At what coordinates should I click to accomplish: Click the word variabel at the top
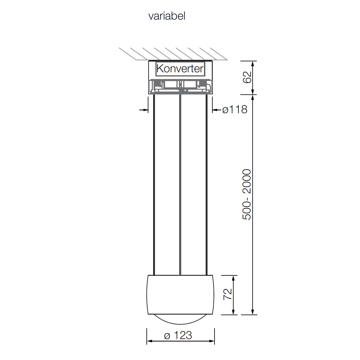tap(167, 16)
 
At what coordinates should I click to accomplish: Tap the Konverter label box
tap(180, 69)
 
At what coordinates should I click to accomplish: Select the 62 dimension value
tap(247, 77)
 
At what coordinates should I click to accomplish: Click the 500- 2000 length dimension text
tap(247, 194)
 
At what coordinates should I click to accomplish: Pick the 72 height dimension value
tap(228, 294)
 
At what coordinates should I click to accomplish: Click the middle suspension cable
tap(180, 185)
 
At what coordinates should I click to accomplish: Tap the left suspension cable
tap(154, 185)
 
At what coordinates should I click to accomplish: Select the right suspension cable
tap(207, 185)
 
